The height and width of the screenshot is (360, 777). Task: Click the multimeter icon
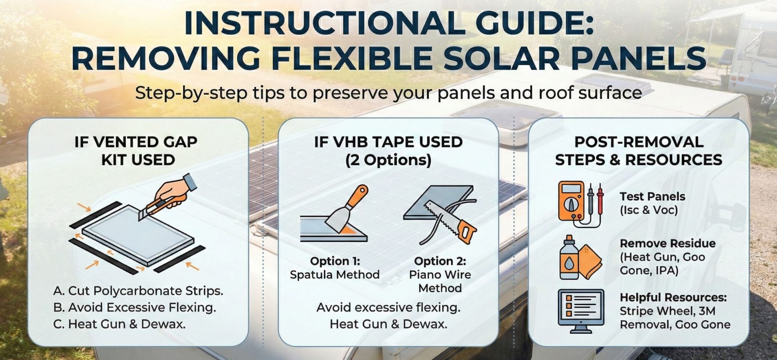tap(572, 203)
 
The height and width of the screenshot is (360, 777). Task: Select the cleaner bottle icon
tap(569, 258)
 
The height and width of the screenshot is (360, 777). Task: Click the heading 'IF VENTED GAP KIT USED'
tap(137, 151)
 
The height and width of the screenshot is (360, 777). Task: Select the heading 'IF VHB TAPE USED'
tap(388, 142)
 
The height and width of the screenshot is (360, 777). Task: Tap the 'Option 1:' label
tap(335, 261)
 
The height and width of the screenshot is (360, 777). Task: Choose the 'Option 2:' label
tap(440, 261)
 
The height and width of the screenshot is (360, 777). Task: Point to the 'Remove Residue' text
tap(667, 243)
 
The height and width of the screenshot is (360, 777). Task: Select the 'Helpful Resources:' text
tap(673, 297)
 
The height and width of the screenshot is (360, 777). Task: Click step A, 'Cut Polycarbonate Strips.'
tap(138, 291)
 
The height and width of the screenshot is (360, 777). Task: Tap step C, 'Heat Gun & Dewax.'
tap(119, 324)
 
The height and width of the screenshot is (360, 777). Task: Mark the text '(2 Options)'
tap(388, 160)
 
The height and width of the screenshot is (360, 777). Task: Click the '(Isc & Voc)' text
tap(648, 210)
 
